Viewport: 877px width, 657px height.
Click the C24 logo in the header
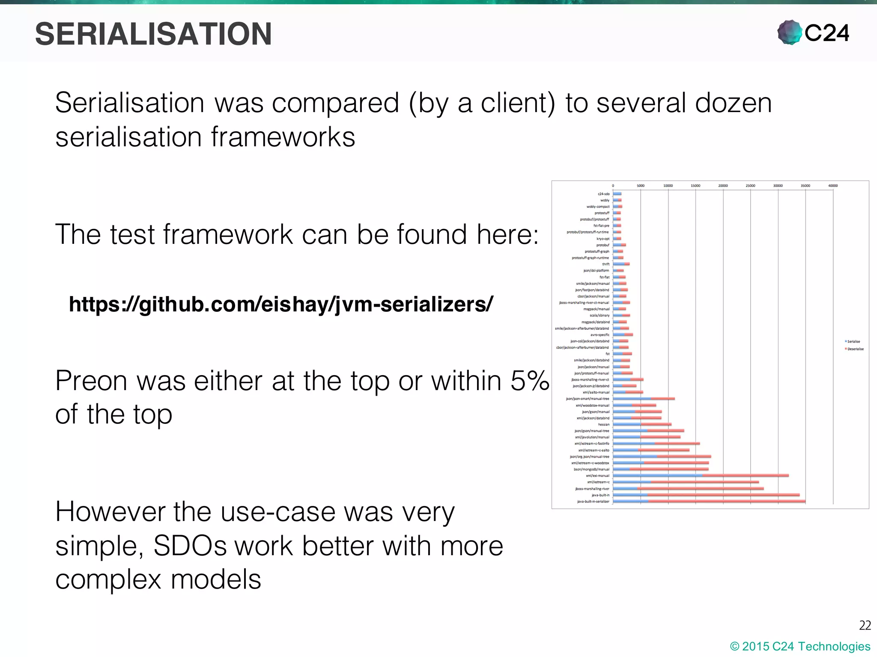coord(813,33)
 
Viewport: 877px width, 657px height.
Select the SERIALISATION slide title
coord(153,34)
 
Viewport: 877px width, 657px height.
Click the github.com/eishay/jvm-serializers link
coord(281,304)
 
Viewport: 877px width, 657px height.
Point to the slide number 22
coord(865,626)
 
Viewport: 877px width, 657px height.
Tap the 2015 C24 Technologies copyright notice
coord(800,646)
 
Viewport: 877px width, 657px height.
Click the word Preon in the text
coord(91,380)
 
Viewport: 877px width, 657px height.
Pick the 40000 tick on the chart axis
coord(833,186)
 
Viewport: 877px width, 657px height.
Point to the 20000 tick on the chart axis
coord(723,186)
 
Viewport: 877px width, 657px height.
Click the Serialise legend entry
coord(853,341)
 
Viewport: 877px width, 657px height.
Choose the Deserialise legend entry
coord(855,349)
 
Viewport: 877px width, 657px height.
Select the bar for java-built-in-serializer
coord(709,501)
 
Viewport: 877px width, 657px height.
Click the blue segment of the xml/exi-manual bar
coord(657,476)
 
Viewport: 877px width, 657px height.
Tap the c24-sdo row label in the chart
coord(603,194)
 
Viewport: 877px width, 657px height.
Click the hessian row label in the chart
coord(603,425)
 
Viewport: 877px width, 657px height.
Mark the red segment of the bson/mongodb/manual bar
coord(669,469)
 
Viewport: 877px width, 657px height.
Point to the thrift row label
coord(606,264)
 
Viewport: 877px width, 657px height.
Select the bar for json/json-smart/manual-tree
coord(644,399)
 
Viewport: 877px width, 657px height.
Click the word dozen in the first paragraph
coord(733,103)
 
